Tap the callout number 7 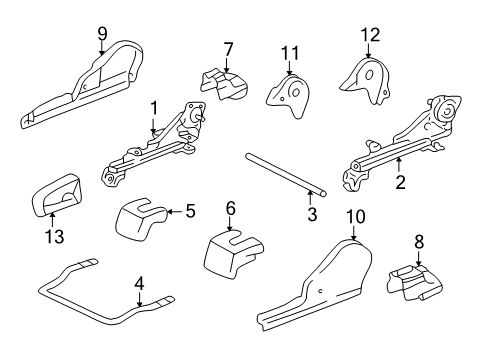pyautogui.click(x=228, y=49)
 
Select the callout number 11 pyautogui.click(x=290, y=52)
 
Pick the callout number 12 pyautogui.click(x=371, y=35)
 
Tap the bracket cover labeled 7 pyautogui.click(x=222, y=82)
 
